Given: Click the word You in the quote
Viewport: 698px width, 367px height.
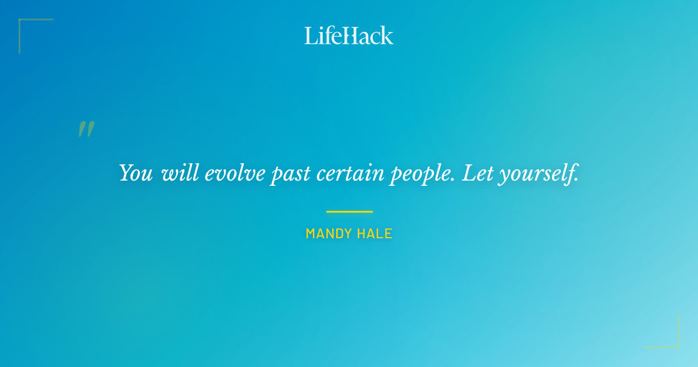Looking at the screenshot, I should tap(136, 173).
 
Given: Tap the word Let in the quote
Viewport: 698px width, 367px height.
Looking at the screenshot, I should tap(476, 173).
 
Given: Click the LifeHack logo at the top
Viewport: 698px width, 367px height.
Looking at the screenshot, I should tap(349, 36).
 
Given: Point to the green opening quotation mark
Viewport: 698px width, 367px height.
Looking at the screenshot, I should tap(86, 129).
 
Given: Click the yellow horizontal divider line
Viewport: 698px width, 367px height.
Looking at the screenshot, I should tap(349, 211).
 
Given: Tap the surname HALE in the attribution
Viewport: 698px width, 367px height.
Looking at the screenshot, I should tap(376, 234).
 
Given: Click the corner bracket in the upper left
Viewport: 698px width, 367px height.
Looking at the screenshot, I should tap(26, 26).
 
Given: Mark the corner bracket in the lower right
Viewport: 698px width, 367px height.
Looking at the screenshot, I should tap(671, 341).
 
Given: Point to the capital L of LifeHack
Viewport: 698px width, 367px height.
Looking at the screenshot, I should tap(311, 36).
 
